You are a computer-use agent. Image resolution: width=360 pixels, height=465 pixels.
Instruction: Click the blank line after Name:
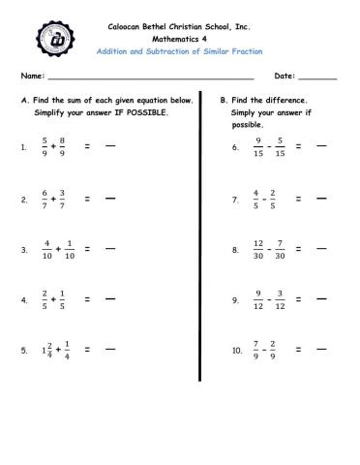pyautogui.click(x=150, y=77)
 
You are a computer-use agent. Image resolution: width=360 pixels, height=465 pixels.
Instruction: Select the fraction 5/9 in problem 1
pyautogui.click(x=45, y=146)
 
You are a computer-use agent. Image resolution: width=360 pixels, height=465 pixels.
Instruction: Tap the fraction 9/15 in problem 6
pyautogui.click(x=258, y=146)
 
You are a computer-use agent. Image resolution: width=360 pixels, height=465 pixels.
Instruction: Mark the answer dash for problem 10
pyautogui.click(x=321, y=351)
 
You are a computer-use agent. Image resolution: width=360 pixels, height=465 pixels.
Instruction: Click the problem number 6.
pyautogui.click(x=235, y=147)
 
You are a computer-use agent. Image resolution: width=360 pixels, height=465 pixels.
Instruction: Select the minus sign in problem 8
pyautogui.click(x=270, y=250)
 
